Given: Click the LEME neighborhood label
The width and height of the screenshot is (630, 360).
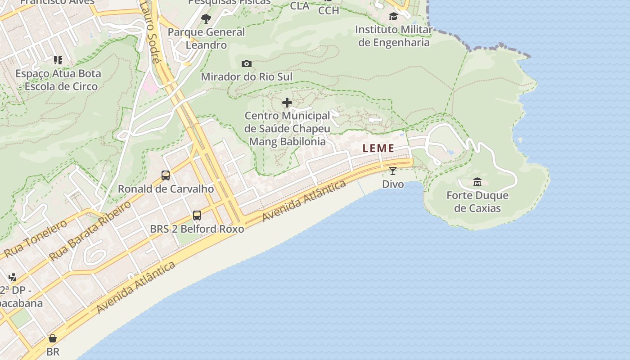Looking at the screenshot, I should pos(378,148).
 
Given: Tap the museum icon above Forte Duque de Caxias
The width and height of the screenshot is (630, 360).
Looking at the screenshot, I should pos(477,182).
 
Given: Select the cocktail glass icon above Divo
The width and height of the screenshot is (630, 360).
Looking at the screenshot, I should pos(393,171).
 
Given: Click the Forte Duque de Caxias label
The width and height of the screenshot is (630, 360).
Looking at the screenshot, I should pos(477,202).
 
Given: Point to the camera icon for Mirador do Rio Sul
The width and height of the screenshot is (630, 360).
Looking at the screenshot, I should pos(246,63).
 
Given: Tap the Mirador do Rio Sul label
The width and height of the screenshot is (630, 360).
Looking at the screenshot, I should pos(247,76).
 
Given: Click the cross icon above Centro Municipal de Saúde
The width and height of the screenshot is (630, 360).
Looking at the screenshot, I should pos(287,103).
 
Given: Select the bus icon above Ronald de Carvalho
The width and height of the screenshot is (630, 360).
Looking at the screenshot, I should pos(166,175).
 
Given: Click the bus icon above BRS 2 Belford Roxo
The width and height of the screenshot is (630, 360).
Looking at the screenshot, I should pos(197,216).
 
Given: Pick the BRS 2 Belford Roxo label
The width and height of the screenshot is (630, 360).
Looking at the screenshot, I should pos(197,229).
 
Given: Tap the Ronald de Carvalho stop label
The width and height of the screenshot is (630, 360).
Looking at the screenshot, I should pos(166,189).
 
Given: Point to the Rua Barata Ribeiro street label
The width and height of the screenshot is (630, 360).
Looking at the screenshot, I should pos(90,230).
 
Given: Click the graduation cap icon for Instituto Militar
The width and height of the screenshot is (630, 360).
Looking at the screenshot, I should pos(393,17).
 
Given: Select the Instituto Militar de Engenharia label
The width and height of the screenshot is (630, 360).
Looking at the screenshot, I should pos(393,36).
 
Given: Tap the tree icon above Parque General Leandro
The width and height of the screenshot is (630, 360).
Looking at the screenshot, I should pos(206,19).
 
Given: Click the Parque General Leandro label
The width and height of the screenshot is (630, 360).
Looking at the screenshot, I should pos(206,38).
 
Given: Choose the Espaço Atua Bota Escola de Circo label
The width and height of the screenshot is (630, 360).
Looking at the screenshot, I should pos(58,80).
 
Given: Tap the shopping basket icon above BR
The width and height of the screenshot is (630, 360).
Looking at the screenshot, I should pos(53,338).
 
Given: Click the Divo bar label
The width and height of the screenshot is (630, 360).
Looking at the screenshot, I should pos(393,184).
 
